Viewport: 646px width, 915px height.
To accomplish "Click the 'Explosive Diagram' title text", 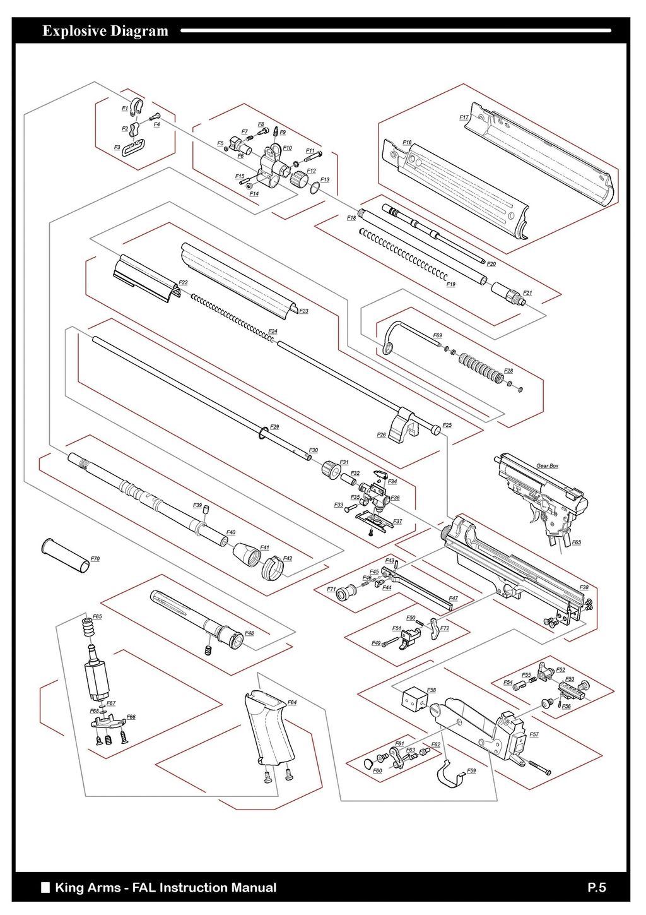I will [105, 31].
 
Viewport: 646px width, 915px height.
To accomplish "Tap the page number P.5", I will [596, 887].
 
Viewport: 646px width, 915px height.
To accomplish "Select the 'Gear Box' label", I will [547, 466].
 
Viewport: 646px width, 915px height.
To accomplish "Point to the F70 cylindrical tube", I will [64, 556].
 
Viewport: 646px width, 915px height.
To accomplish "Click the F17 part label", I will [464, 117].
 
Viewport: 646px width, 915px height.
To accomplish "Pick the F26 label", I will [381, 435].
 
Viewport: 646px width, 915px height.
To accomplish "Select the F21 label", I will [527, 293].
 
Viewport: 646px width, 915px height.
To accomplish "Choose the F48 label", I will [249, 633].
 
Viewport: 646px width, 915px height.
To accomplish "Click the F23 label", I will [303, 311].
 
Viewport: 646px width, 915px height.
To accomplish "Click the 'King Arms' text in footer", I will [88, 887].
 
